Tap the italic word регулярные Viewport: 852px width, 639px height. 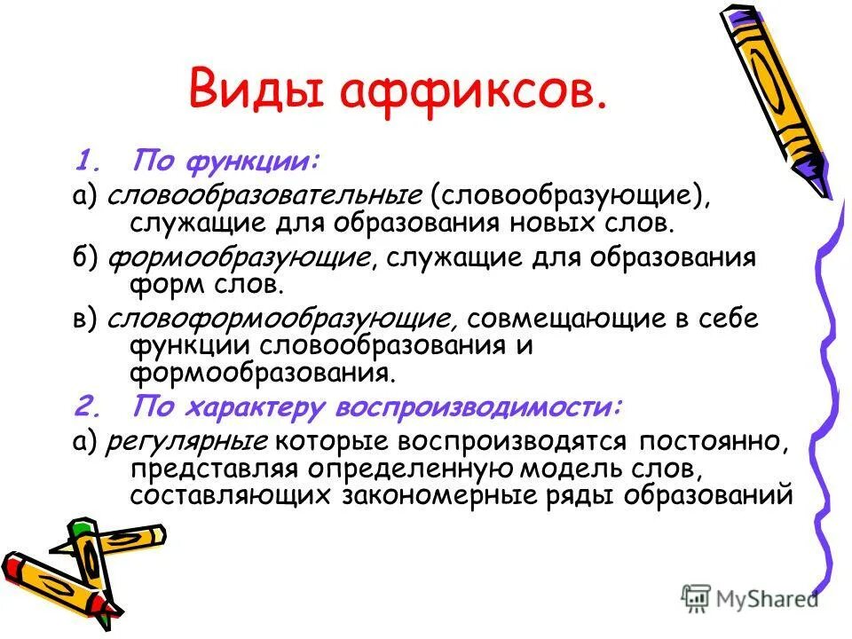click(187, 441)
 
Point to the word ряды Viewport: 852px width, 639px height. click(603, 494)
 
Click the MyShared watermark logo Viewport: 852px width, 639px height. click(751, 599)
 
